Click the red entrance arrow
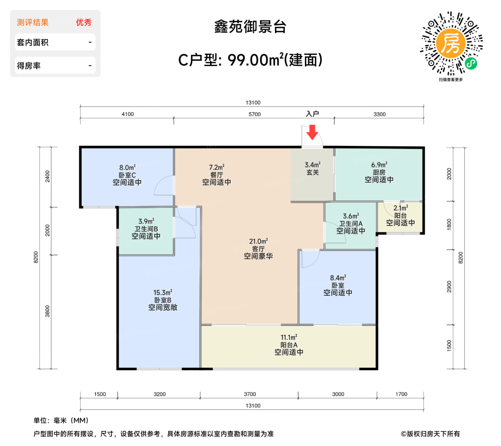pos(312,132)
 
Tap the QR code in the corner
pos(451,44)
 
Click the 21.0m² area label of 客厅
pos(258,241)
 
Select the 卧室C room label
pos(127,175)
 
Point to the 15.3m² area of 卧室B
pos(163,293)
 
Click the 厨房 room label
pos(379,172)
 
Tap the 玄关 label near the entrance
pos(312,172)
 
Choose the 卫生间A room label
pos(351,224)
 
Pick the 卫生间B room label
pos(146,229)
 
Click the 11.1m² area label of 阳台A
pos(289,337)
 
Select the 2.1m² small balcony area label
pos(400,208)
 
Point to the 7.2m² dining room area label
pos(217,167)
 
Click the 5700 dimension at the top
pos(254,114)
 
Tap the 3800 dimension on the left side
pos(48,311)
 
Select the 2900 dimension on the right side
pos(449,286)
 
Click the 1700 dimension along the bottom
pos(401,394)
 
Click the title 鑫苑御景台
pos(250,27)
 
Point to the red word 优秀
pos(84,23)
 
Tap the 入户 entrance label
pos(312,114)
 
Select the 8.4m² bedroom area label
pos(338,278)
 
